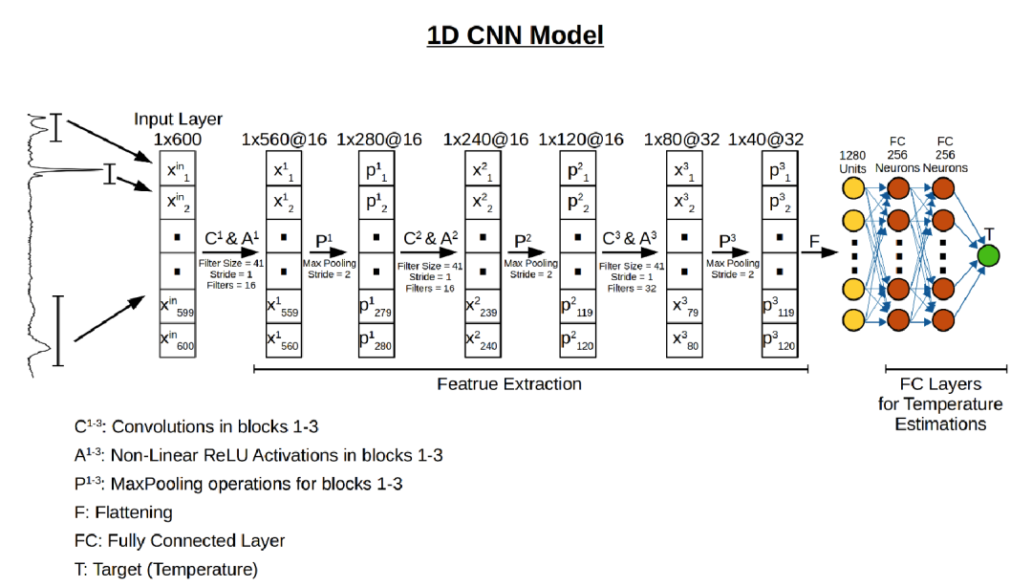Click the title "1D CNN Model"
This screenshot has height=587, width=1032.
515,36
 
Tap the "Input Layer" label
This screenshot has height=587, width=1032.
178,120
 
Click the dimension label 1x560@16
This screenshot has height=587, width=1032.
285,140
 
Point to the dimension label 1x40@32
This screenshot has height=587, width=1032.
765,140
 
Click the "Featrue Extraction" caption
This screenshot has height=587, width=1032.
509,384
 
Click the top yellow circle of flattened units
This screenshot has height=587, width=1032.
852,187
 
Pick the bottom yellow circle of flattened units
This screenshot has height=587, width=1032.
852,318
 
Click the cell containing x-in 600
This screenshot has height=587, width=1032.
178,340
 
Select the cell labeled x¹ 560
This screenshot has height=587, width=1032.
285,340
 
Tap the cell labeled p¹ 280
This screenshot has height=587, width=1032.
376,340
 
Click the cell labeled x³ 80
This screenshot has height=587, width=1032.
683,340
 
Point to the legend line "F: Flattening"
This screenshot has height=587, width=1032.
124,512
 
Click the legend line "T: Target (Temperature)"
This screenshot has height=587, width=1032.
166,570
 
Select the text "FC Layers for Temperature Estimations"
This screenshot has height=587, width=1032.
940,403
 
